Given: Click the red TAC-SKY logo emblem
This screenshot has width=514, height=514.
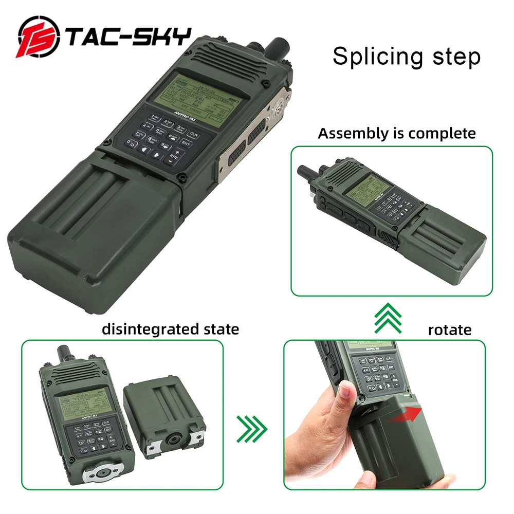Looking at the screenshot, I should coord(39,39).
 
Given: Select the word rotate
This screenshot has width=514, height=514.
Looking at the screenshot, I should coord(450,329).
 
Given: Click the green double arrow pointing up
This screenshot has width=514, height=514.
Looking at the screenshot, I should coord(388,319).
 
